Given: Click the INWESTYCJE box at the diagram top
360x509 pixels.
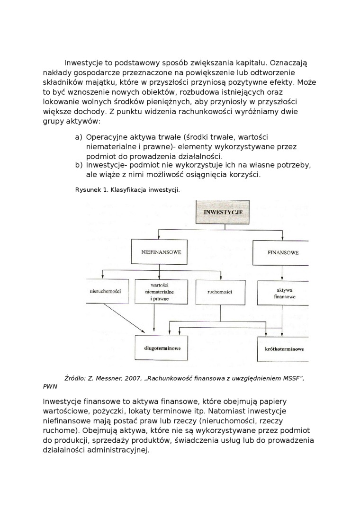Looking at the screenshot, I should pyautogui.click(x=223, y=212).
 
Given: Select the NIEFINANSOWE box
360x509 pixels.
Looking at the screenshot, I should pyautogui.click(x=161, y=252).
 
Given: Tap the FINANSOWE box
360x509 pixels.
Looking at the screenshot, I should pyautogui.click(x=283, y=252).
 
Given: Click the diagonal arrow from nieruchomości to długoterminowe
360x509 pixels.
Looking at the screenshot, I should pyautogui.click(x=124, y=317).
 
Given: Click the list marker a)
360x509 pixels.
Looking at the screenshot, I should pyautogui.click(x=79, y=137).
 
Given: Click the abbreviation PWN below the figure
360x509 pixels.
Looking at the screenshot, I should pyautogui.click(x=50, y=386).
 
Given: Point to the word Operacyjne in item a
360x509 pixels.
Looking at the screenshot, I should pyautogui.click(x=108, y=137).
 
